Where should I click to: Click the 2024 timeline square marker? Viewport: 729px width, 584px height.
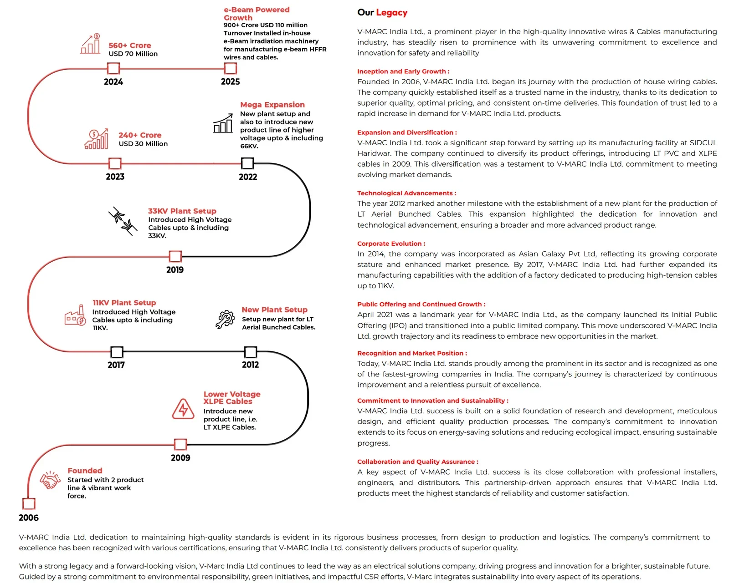pyautogui.click(x=113, y=69)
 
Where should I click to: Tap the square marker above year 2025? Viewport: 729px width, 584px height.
pyautogui.click(x=231, y=68)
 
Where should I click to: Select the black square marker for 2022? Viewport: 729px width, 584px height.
pyautogui.click(x=247, y=163)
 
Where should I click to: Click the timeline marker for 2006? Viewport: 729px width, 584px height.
pyautogui.click(x=29, y=503)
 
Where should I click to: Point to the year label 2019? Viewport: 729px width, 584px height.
pyautogui.click(x=175, y=270)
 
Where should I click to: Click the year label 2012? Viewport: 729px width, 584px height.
pyautogui.click(x=251, y=365)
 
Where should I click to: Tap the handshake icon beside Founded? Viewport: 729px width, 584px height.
pyautogui.click(x=50, y=480)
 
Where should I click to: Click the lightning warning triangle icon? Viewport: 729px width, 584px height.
pyautogui.click(x=183, y=409)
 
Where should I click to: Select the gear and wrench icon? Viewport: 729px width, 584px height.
pyautogui.click(x=225, y=319)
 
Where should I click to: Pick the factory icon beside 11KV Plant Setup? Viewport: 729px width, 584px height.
pyautogui.click(x=75, y=315)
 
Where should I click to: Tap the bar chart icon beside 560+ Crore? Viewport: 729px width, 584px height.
pyautogui.click(x=91, y=44)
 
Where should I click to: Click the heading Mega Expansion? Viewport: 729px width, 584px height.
pyautogui.click(x=272, y=105)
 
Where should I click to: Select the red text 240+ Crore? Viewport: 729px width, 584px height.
pyautogui.click(x=140, y=135)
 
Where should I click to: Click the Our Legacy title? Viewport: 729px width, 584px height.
pyautogui.click(x=382, y=13)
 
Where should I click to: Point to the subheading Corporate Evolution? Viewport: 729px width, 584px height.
pyautogui.click(x=391, y=244)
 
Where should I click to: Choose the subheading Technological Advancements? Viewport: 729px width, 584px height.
pyautogui.click(x=406, y=193)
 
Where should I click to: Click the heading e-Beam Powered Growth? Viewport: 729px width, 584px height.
pyautogui.click(x=257, y=14)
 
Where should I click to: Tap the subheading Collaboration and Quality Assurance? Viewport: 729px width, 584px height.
pyautogui.click(x=417, y=462)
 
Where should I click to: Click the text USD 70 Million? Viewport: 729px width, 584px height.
pyautogui.click(x=133, y=54)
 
